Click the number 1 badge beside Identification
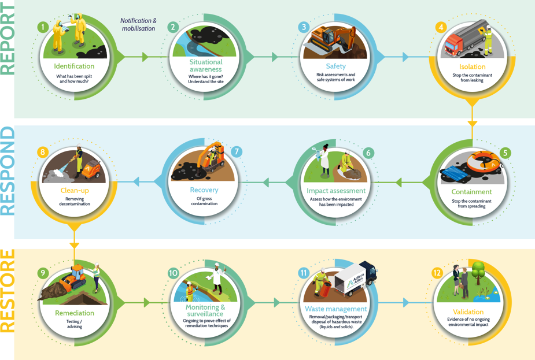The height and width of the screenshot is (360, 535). pyautogui.click(x=42, y=27)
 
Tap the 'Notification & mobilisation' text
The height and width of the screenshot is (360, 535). pyautogui.click(x=138, y=24)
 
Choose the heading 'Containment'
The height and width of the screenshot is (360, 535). pyautogui.click(x=471, y=192)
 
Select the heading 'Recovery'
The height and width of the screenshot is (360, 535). pyautogui.click(x=204, y=190)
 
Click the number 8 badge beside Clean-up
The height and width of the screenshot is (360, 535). pyautogui.click(x=42, y=152)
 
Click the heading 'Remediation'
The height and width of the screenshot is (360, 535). pyautogui.click(x=75, y=313)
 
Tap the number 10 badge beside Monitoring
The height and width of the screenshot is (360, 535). pyautogui.click(x=173, y=273)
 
